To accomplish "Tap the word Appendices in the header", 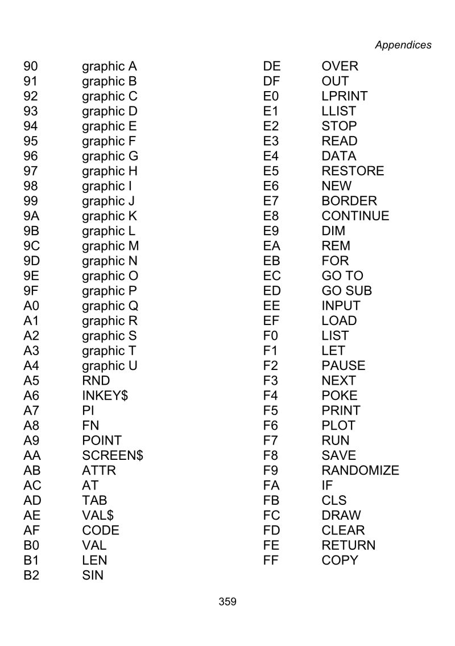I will tap(403, 45).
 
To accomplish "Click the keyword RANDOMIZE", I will tap(360, 471).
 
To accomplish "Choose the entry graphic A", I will tap(110, 67).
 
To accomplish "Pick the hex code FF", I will tap(272, 561).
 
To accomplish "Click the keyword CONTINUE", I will tap(355, 216).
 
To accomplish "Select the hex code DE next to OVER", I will tap(272, 67).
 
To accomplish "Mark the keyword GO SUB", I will tap(346, 291).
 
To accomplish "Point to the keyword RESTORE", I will tap(353, 171).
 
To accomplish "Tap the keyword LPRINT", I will tap(345, 96).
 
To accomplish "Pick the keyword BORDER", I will tap(349, 201).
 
